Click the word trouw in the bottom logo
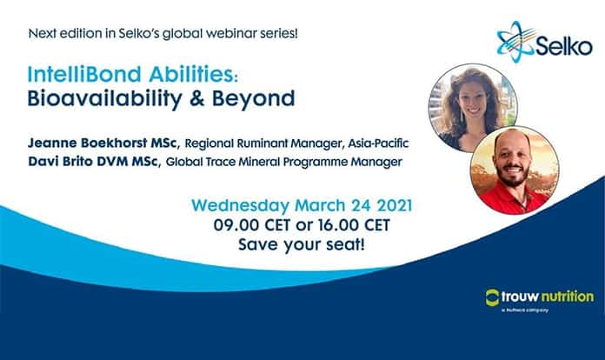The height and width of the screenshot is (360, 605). pyautogui.click(x=524, y=297)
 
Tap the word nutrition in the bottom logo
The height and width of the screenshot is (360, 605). pyautogui.click(x=568, y=297)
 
